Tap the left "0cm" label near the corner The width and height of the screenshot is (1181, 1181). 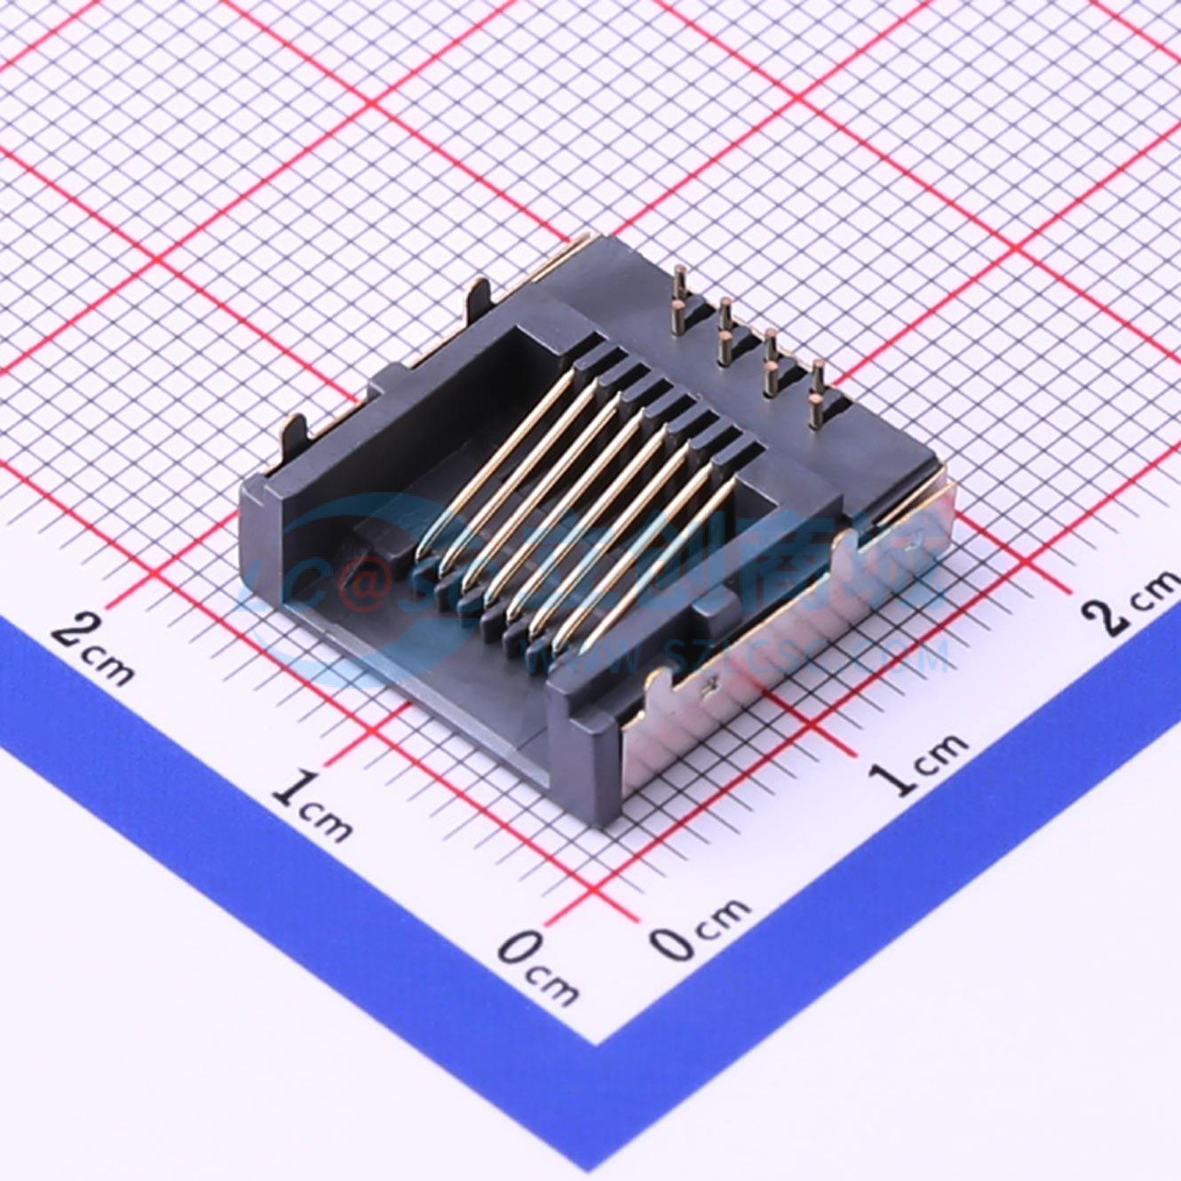(536, 963)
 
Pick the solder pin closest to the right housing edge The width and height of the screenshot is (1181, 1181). (816, 391)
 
